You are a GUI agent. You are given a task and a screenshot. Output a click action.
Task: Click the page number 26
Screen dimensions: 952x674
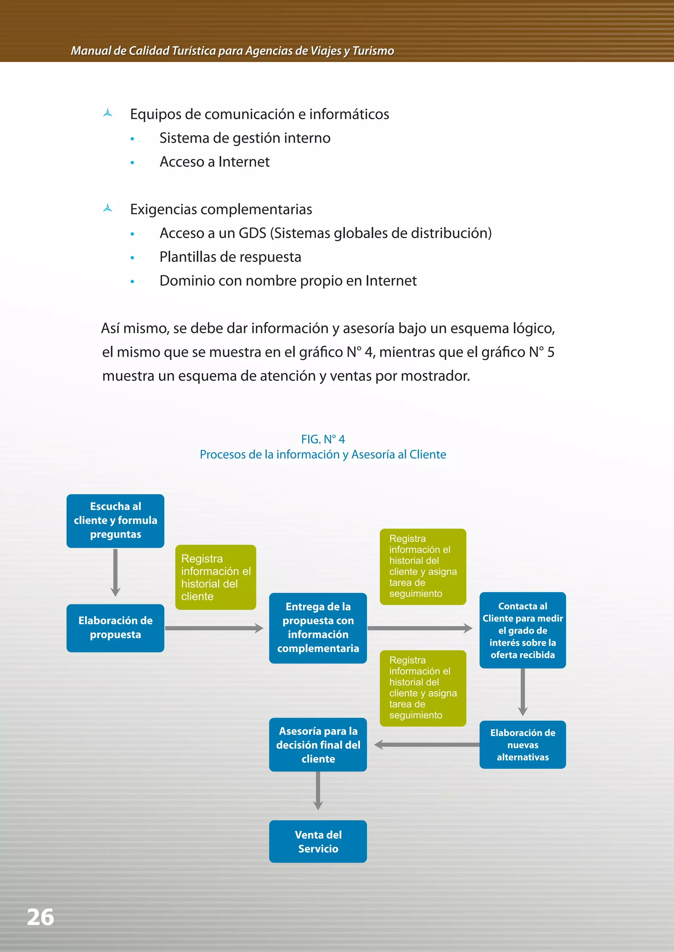click(40, 917)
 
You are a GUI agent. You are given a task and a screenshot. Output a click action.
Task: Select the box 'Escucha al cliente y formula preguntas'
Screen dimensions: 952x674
click(116, 521)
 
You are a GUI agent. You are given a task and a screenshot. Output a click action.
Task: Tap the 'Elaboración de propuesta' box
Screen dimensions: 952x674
click(116, 628)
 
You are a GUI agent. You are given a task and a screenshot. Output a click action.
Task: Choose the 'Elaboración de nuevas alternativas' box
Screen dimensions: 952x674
click(523, 744)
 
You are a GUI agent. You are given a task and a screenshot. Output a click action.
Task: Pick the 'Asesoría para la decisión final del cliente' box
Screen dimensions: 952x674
click(318, 744)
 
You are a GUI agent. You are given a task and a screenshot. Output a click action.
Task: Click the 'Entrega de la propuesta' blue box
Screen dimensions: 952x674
click(318, 628)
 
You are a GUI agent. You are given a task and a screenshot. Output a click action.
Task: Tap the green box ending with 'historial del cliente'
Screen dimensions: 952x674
click(216, 577)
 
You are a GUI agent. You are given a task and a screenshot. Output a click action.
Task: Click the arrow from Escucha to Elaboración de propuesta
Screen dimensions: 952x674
click(116, 572)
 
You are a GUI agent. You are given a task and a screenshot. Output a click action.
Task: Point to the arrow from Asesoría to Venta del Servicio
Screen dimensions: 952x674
click(318, 790)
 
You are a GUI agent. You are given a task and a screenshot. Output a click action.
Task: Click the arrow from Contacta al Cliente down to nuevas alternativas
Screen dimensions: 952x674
click(523, 692)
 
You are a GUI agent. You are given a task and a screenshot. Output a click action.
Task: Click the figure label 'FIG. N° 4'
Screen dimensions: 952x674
click(323, 439)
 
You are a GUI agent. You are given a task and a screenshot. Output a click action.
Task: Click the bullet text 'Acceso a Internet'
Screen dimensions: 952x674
click(215, 162)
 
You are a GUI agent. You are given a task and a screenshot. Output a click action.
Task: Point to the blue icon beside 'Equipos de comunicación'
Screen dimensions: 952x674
click(108, 113)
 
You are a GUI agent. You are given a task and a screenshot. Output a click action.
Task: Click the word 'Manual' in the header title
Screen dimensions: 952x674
click(91, 51)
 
